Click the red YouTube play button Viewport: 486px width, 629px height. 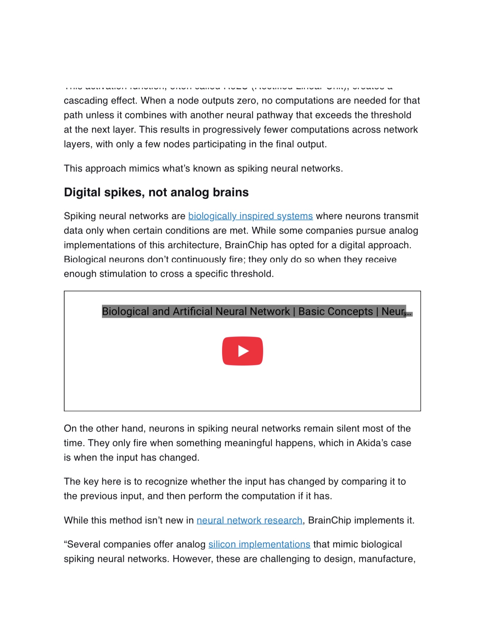(242, 351)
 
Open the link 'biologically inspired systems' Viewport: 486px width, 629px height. (250, 216)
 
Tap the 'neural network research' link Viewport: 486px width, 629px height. (249, 520)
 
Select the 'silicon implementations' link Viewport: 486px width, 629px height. (259, 544)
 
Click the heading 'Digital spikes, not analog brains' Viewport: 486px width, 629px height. (156, 192)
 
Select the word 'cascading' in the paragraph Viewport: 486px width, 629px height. (85, 101)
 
